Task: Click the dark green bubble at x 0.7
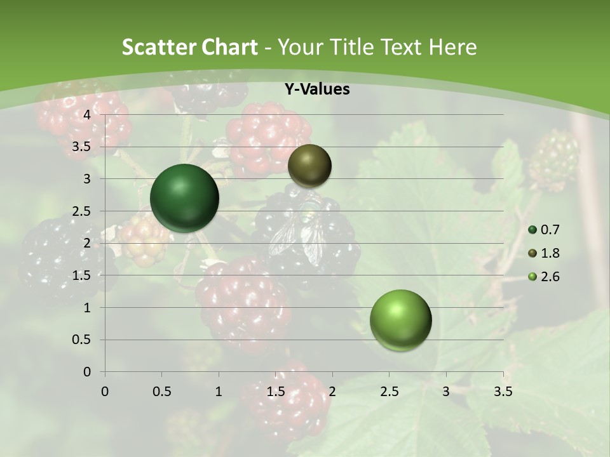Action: click(x=184, y=198)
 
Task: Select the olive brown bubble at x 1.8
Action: click(x=309, y=166)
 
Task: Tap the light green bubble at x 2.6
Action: click(x=400, y=321)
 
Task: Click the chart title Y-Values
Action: click(x=316, y=89)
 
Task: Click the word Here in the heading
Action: click(x=452, y=47)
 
